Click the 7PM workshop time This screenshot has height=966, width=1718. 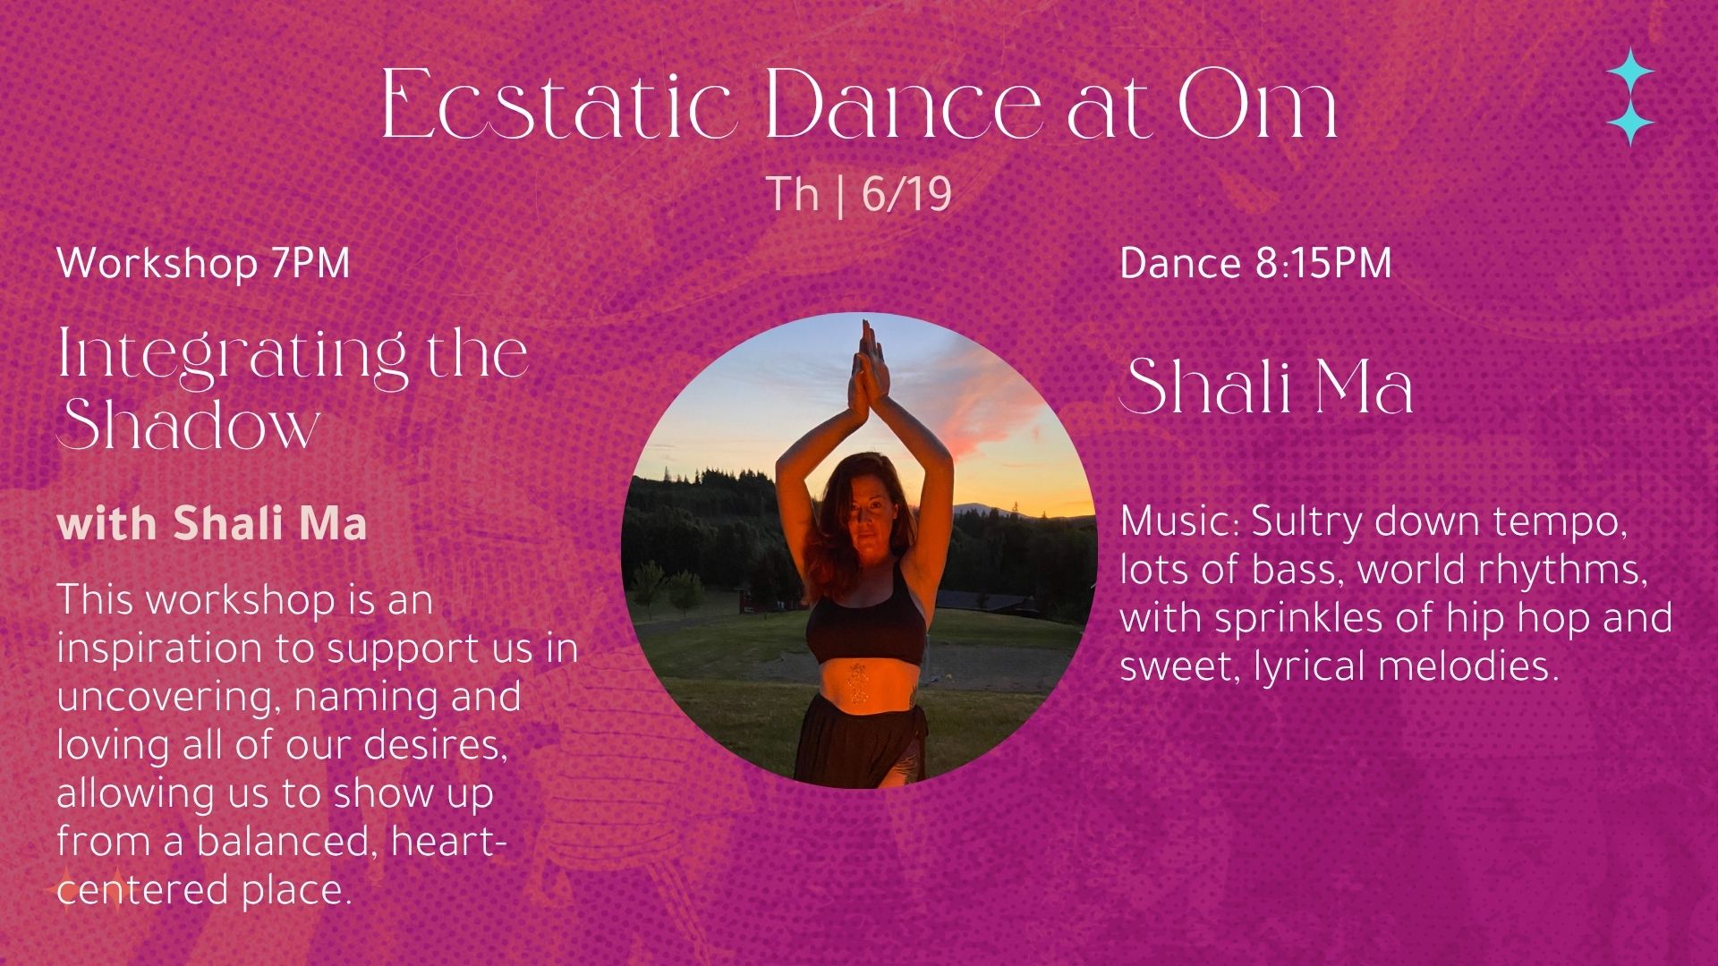click(309, 263)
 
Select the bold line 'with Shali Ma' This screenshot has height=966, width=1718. click(212, 523)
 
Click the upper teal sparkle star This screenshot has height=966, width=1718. click(1630, 72)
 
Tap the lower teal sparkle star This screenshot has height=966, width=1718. click(1630, 121)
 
